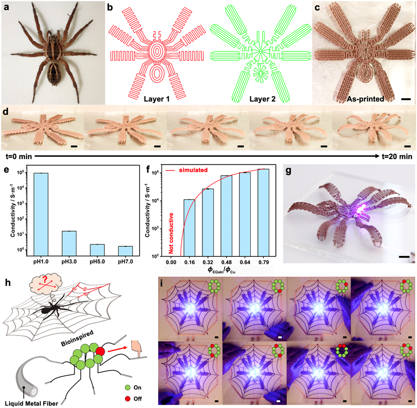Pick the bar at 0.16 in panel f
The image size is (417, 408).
(190, 228)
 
